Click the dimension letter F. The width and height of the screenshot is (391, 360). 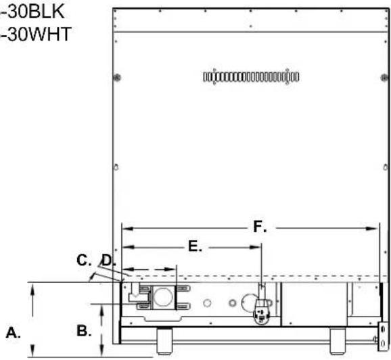(x=260, y=227)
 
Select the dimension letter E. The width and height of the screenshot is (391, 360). (x=195, y=246)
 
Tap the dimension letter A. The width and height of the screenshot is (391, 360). (x=13, y=332)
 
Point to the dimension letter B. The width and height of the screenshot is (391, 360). (x=84, y=331)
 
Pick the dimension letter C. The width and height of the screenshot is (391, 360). (x=84, y=260)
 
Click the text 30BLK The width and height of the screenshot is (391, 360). (x=36, y=12)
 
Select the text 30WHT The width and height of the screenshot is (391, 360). (x=39, y=35)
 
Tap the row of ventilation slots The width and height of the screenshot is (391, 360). (x=251, y=76)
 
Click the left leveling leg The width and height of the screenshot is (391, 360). (x=164, y=340)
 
